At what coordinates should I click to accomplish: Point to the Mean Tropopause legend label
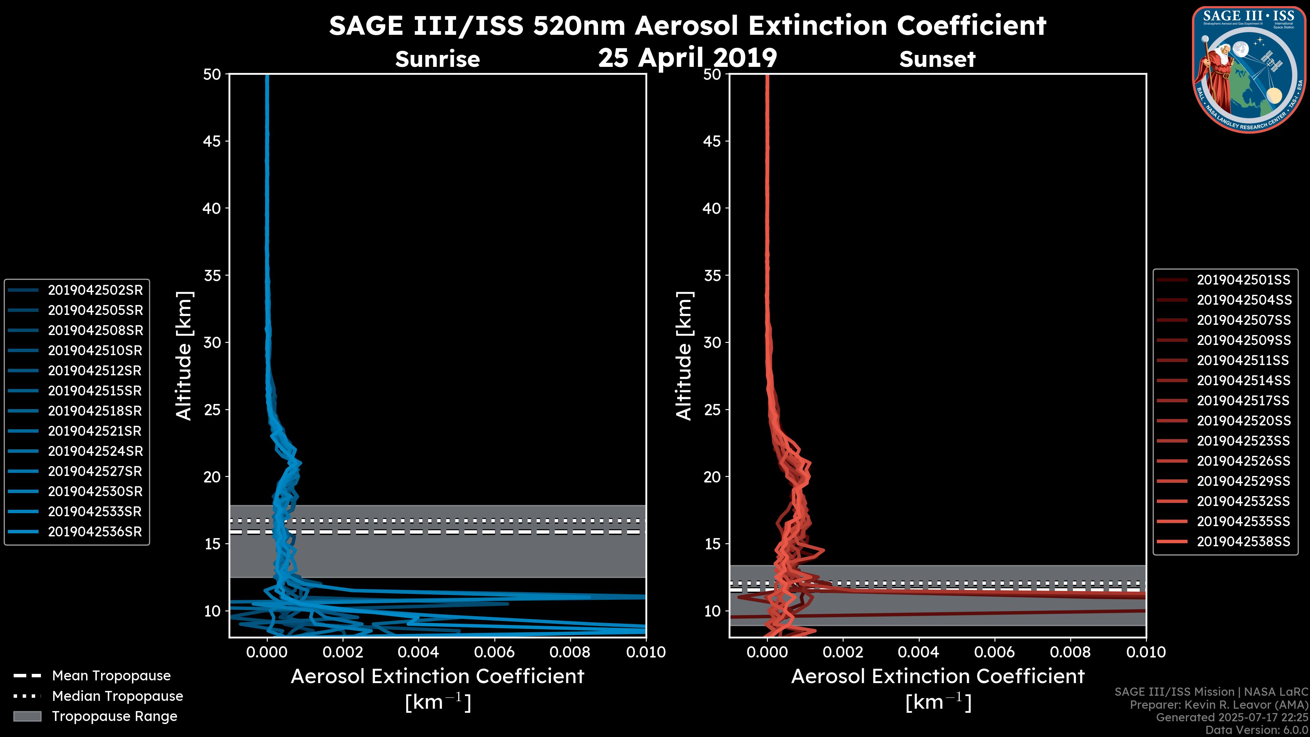click(x=111, y=676)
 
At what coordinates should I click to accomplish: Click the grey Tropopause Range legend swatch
click(x=27, y=717)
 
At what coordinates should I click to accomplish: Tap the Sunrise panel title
click(x=437, y=59)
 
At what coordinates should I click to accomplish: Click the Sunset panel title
click(x=937, y=59)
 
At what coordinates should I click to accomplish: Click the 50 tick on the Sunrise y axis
click(x=212, y=75)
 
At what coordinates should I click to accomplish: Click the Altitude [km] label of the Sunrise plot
click(x=184, y=356)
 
